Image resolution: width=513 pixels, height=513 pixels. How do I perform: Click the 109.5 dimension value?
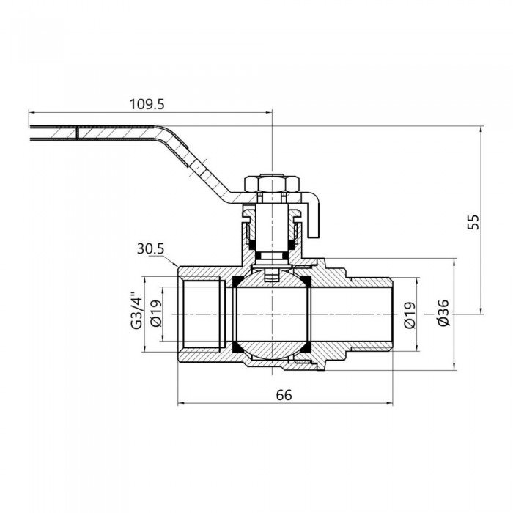(147, 104)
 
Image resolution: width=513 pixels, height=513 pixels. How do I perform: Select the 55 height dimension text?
(473, 221)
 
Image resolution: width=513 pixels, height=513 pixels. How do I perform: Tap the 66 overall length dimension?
(284, 394)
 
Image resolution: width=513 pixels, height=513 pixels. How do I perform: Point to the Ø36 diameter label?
(441, 314)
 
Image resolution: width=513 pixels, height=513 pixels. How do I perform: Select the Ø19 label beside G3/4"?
(154, 314)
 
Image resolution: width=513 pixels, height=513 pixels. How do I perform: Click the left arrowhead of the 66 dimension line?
(182, 402)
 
